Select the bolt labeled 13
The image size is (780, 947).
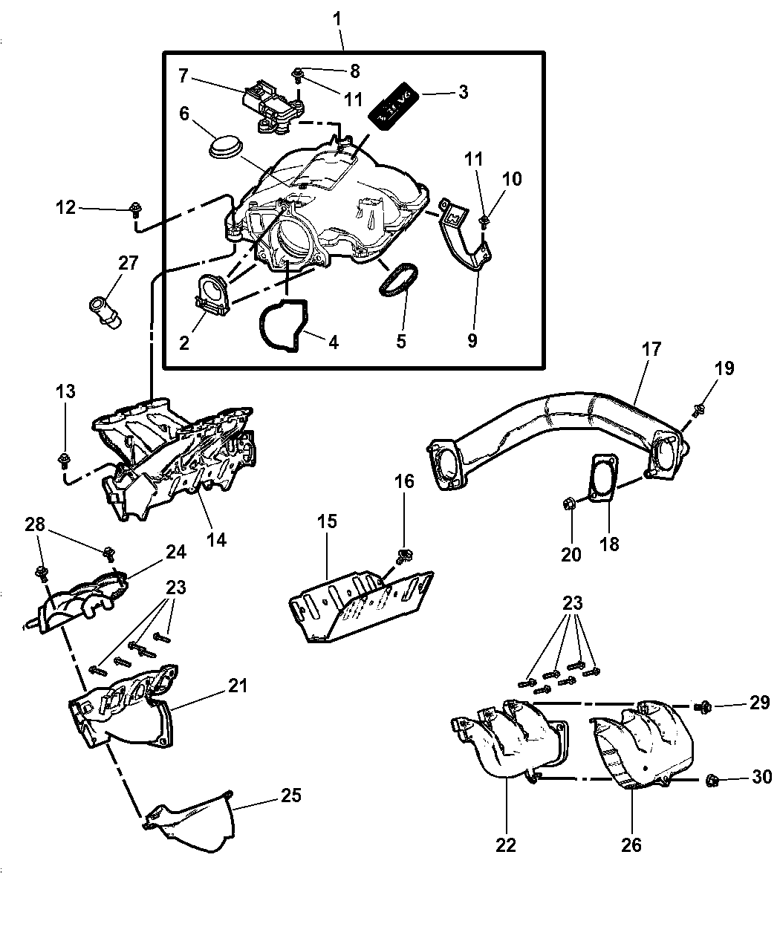click(x=65, y=459)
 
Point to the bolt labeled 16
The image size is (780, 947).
click(x=405, y=554)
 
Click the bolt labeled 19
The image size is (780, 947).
click(x=699, y=409)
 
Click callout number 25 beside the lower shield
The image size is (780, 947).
click(x=291, y=795)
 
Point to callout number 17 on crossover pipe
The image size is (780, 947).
click(x=651, y=349)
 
